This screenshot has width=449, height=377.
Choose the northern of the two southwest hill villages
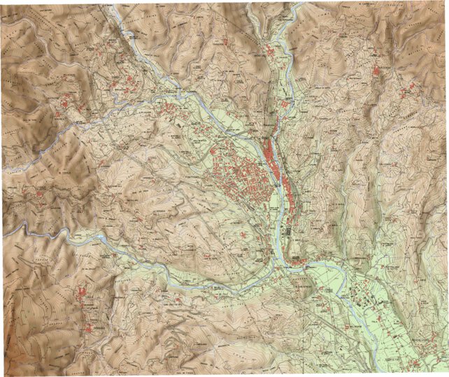87,298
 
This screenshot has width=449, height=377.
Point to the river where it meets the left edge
6,232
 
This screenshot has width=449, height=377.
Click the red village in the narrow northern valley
270,52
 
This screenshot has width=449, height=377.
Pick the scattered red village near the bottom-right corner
413,350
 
